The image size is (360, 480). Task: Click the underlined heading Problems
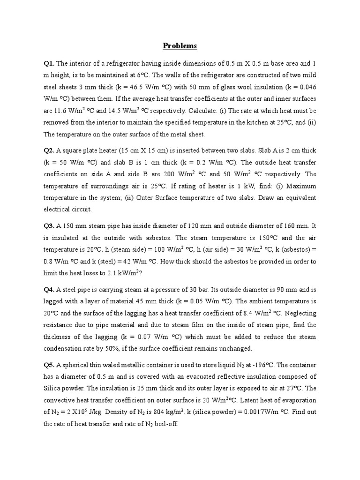tap(180, 46)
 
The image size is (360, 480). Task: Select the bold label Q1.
tap(49, 63)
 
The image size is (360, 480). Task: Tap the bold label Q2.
tap(49, 150)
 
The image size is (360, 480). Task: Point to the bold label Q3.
tap(49, 225)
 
